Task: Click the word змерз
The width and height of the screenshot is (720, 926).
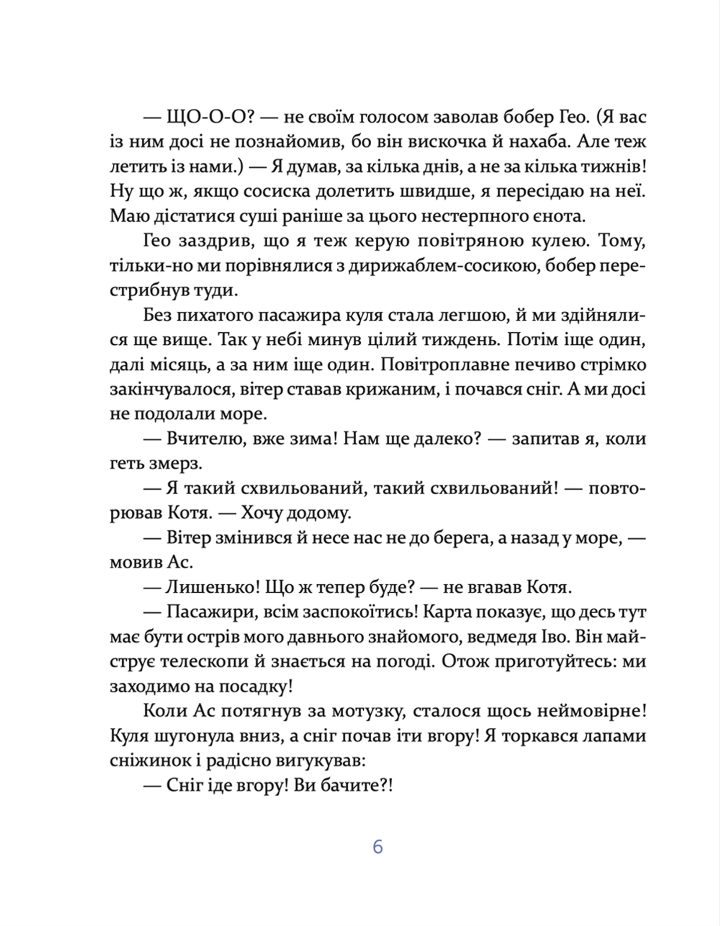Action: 175,464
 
